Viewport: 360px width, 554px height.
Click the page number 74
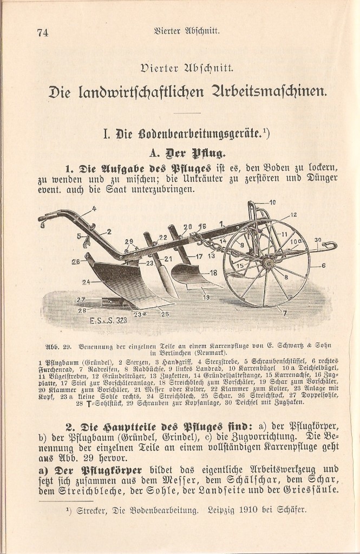pos(43,32)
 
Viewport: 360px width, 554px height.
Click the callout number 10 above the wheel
pos(272,202)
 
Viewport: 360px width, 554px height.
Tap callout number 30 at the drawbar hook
pos(318,240)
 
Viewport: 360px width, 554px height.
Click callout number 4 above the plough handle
pos(94,208)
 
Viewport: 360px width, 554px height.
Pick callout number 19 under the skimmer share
pos(206,297)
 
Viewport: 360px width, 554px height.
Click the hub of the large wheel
pos(267,262)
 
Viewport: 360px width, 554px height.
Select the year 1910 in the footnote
pos(254,509)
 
